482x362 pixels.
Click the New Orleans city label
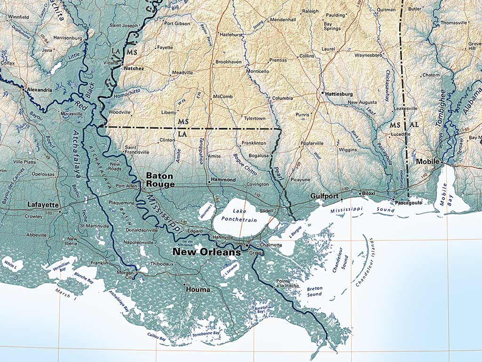click(206, 252)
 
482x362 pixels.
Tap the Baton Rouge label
click(160, 180)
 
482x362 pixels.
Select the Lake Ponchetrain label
click(240, 215)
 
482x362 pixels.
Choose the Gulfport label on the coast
click(325, 196)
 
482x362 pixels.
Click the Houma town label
click(198, 289)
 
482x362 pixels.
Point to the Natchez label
click(134, 68)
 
